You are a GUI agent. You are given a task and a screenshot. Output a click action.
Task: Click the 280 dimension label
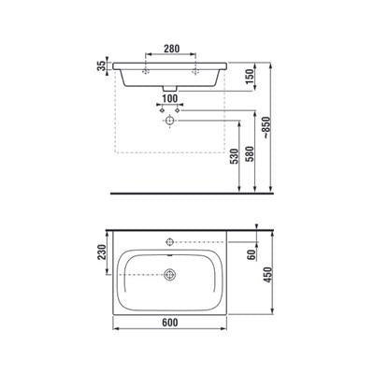tap(171, 49)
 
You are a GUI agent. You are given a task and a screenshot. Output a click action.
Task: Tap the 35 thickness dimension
tap(102, 65)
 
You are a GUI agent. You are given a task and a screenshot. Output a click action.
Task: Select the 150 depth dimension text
tap(250, 77)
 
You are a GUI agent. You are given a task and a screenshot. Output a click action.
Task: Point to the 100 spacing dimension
tap(170, 98)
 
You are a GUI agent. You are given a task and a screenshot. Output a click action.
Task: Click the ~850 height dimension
tap(266, 128)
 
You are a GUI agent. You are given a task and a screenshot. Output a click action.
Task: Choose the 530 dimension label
tap(234, 156)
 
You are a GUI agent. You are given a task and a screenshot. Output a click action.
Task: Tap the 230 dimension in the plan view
tap(102, 252)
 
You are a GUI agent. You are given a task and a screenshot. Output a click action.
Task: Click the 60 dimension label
tap(252, 255)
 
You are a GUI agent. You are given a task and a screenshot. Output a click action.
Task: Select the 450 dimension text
tap(267, 275)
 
